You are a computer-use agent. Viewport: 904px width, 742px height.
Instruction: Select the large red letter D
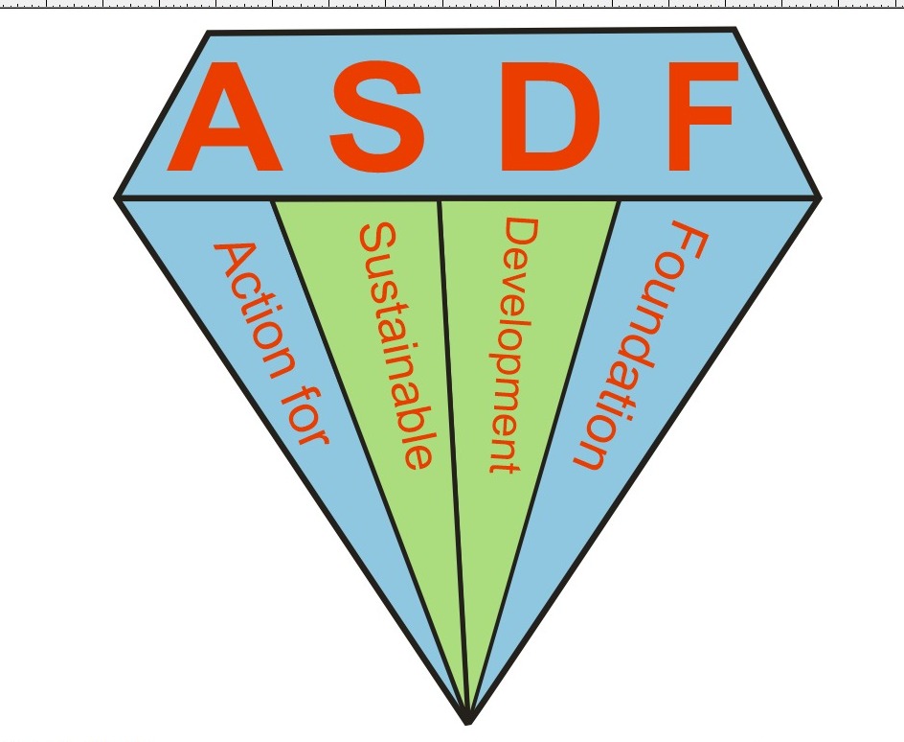pos(549,117)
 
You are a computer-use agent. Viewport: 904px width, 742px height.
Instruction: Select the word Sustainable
pos(395,345)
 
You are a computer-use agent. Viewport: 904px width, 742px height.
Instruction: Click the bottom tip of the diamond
pos(467,721)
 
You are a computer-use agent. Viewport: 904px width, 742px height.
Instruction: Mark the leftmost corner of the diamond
pos(118,197)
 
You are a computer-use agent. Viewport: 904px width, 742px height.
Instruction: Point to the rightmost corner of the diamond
pos(819,197)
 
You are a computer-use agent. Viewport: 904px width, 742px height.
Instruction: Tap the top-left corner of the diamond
pos(209,34)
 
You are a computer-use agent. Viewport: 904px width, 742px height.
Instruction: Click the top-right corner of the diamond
pos(734,30)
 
